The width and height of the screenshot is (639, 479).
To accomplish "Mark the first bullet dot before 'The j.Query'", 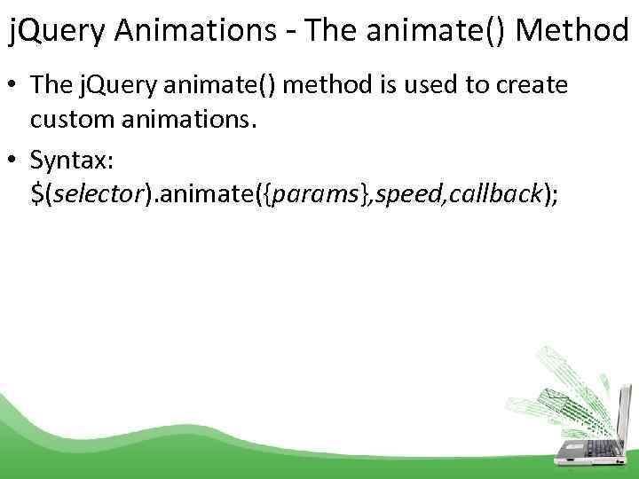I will tap(16, 87).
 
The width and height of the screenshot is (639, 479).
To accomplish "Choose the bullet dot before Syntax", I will tap(16, 161).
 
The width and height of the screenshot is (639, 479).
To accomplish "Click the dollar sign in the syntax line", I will tap(36, 196).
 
